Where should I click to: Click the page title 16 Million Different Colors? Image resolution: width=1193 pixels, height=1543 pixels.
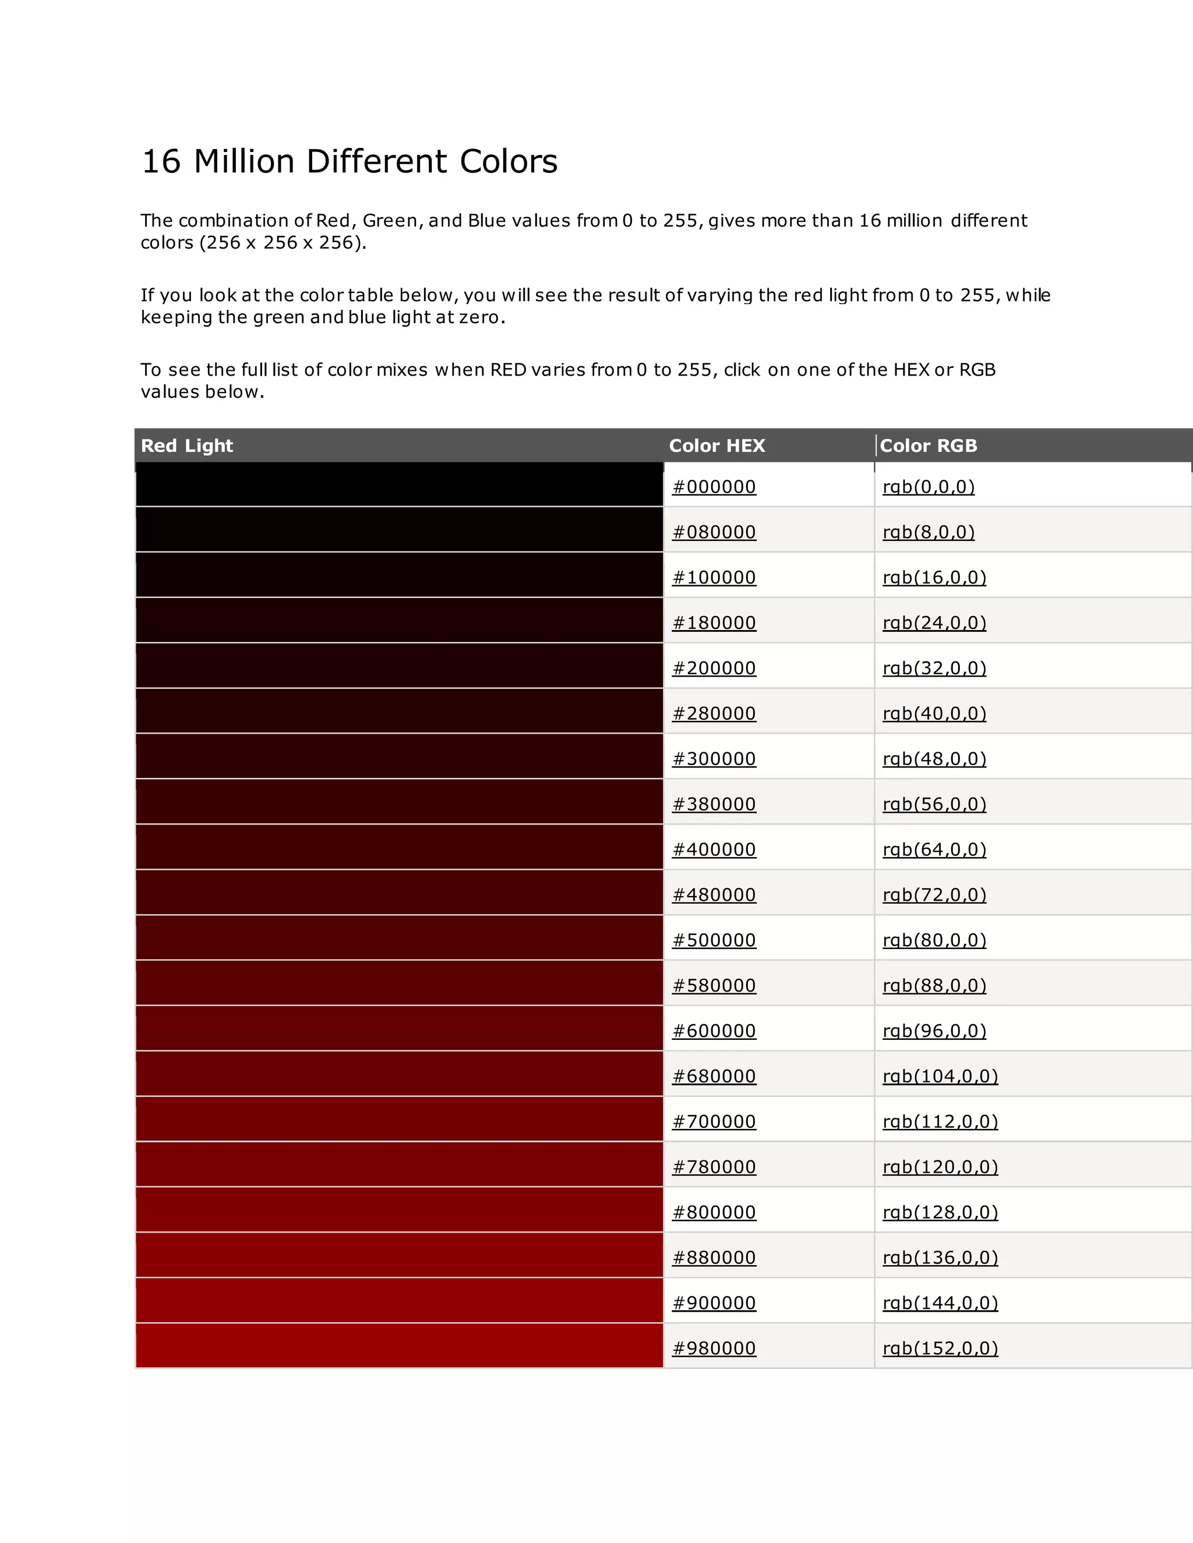coord(350,162)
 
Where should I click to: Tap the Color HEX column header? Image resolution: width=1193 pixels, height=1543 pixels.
coord(716,446)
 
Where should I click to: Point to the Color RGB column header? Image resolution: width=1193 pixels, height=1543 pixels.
coord(928,446)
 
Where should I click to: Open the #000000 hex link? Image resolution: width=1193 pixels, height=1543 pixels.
coord(714,487)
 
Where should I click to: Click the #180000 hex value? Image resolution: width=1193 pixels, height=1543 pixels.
coord(714,623)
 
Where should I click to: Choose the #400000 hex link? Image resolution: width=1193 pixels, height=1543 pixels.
coord(714,850)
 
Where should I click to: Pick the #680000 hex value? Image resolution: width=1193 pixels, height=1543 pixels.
coord(714,1077)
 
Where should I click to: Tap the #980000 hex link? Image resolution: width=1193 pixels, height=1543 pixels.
coord(714,1349)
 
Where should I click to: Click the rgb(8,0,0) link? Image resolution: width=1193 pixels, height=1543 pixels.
coord(928,532)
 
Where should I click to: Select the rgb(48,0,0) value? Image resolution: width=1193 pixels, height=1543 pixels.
coord(934,759)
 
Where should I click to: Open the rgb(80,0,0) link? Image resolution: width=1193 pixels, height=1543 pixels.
coord(934,940)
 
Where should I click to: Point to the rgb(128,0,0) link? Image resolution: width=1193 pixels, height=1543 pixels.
coord(940,1212)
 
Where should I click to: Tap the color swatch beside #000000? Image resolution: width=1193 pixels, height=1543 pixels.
coord(399,484)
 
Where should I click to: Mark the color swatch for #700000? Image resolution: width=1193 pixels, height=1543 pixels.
coord(399,1120)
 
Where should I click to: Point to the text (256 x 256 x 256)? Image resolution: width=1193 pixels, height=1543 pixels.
coord(282,243)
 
